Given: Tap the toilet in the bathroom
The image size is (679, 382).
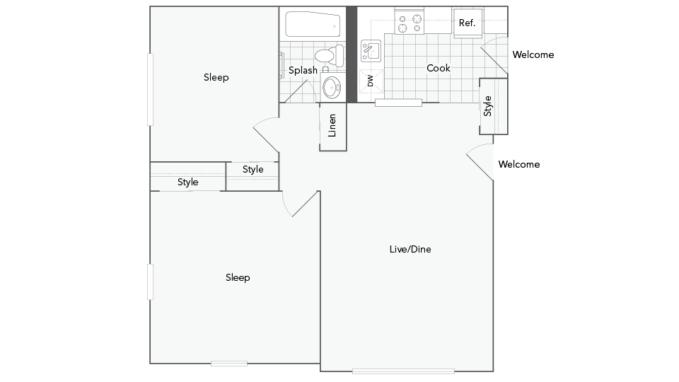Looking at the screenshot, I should coord(327,55).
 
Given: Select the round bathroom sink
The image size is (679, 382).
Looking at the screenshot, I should coord(331,88).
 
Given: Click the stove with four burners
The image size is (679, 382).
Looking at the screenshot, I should coord(409,23).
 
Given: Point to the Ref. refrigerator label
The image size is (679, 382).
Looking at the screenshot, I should coord(467,23).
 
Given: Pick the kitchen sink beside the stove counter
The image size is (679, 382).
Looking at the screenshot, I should coord(371,50).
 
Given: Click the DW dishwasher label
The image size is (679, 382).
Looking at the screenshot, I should coord(370,81).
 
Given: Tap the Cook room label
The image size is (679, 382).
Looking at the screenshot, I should coord(439,68).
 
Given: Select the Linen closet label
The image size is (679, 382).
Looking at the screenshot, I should coord(333,126).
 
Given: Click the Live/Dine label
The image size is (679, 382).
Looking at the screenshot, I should coord(410,249).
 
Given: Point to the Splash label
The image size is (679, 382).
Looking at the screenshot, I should coord(303,70).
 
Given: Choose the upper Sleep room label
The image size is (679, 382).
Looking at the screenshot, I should coord(216,77).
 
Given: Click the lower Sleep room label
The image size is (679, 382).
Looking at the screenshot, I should coord(238,277).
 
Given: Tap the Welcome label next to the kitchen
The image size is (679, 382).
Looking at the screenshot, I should coord(533,54).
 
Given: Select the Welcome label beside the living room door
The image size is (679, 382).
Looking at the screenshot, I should coord(518,164).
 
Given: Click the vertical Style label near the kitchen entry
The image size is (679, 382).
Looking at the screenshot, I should coord(487,106).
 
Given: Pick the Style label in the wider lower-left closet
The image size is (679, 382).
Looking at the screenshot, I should coord(187,182).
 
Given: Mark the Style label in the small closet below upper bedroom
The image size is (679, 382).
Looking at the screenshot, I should coord(253,169).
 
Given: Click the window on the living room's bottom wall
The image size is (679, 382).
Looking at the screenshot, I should coord(403,371).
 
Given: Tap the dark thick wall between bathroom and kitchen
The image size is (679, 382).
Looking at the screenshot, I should coord(351,54).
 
